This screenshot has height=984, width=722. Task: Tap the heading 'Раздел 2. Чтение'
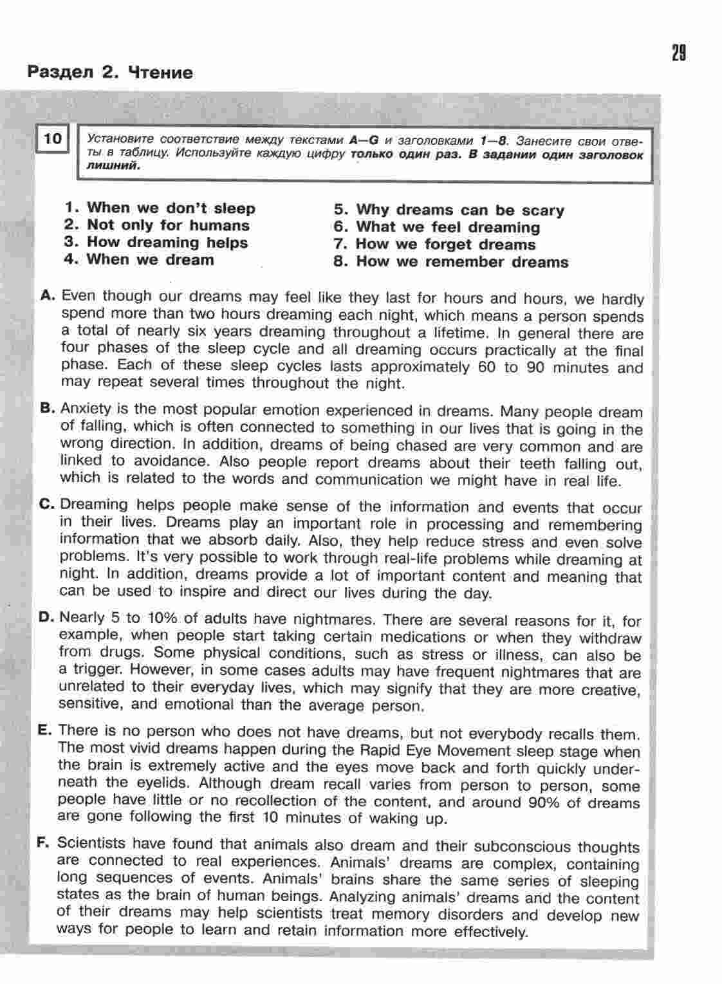[109, 72]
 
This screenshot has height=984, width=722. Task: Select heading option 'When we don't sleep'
[171, 208]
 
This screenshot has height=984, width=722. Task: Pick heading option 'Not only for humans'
[168, 225]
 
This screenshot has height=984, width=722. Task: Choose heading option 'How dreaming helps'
[167, 243]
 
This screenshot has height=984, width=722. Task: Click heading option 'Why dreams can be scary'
[459, 210]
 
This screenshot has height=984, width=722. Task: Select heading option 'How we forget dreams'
[445, 245]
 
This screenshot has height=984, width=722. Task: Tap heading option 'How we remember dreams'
[462, 262]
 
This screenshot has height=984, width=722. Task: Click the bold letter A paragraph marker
[48, 295]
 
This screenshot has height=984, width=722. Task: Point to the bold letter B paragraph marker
[46, 408]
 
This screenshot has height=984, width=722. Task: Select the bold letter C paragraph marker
[46, 505]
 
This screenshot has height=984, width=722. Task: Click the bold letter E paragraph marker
[44, 730]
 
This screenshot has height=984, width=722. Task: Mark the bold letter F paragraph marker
[44, 843]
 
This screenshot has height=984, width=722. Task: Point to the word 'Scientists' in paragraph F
[88, 843]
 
